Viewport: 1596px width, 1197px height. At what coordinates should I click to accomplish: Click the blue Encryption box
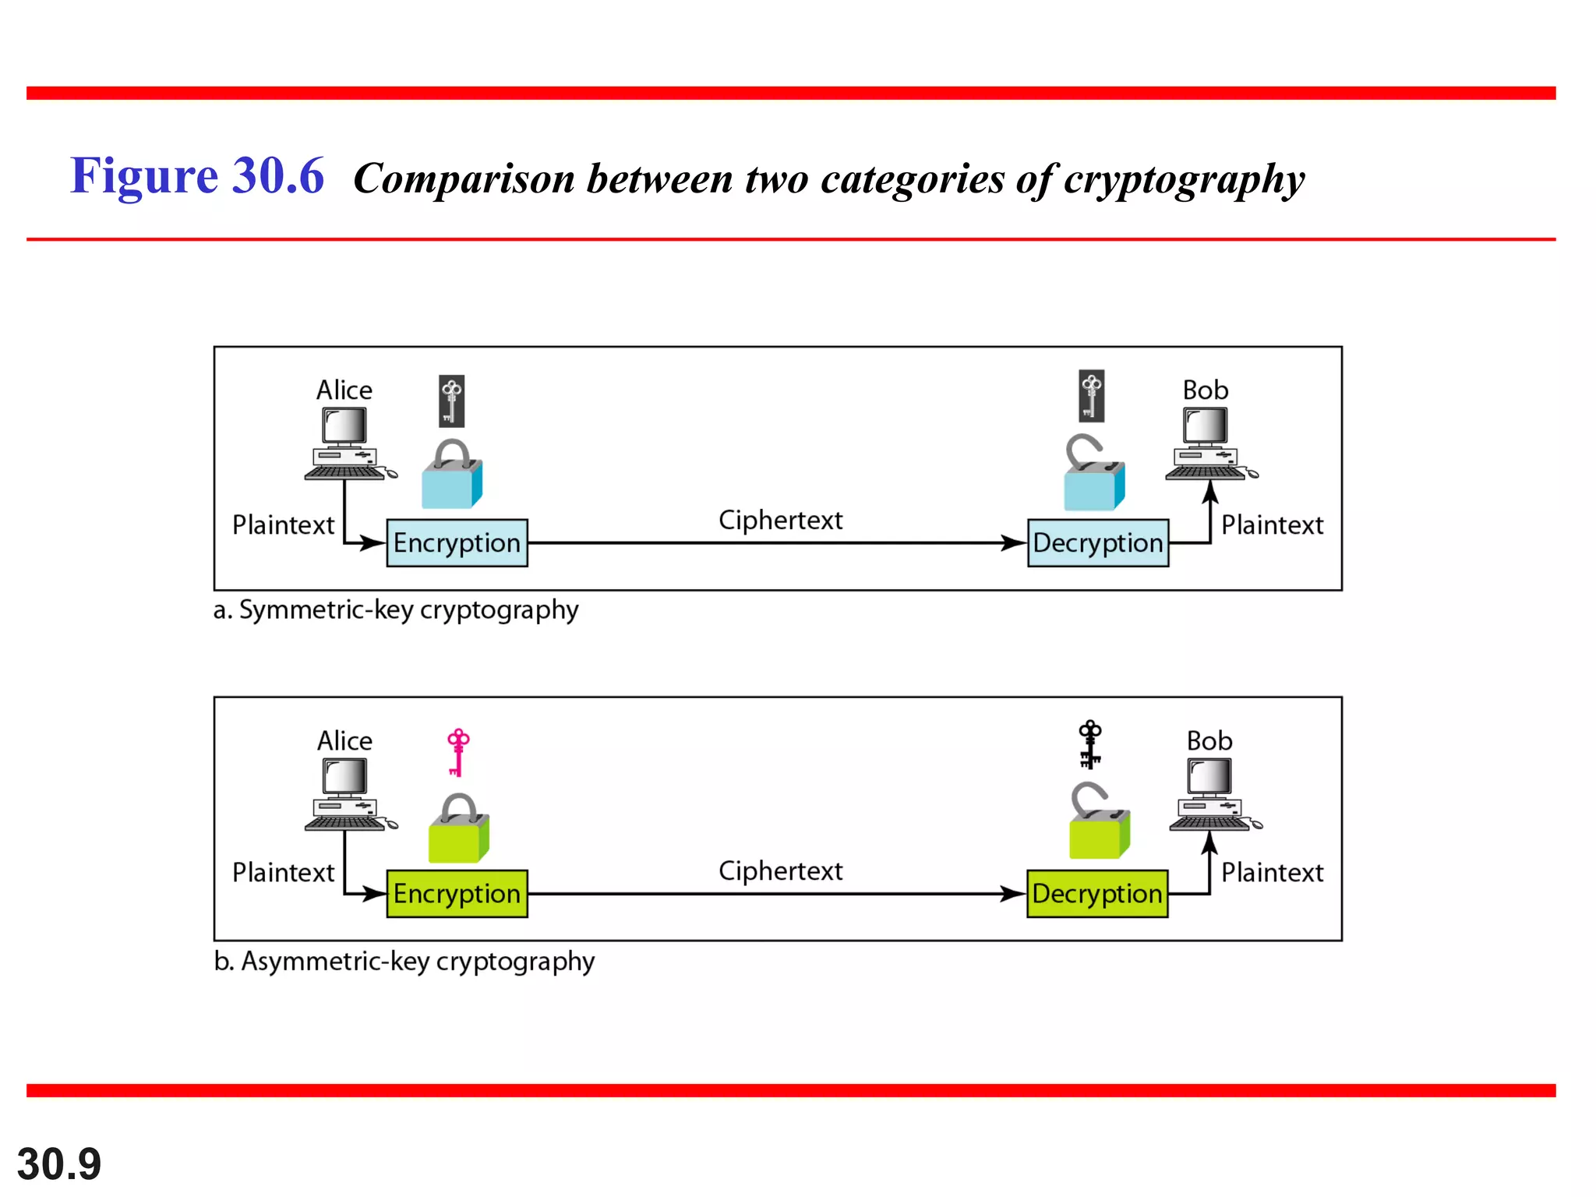pyautogui.click(x=457, y=543)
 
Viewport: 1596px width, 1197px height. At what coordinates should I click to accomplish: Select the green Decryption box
pyautogui.click(x=1096, y=894)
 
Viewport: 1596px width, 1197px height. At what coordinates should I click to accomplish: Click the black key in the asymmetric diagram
pyautogui.click(x=1089, y=744)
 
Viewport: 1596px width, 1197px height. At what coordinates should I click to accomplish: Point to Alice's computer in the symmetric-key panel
pyautogui.click(x=347, y=444)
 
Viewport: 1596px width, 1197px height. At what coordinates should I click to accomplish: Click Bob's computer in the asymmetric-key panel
pyautogui.click(x=1211, y=795)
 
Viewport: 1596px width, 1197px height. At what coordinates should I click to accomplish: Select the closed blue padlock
pyautogui.click(x=452, y=475)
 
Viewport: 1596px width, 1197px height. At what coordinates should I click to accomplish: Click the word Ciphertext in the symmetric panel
pyautogui.click(x=780, y=520)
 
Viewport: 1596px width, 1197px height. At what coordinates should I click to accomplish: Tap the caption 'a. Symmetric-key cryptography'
pyautogui.click(x=396, y=609)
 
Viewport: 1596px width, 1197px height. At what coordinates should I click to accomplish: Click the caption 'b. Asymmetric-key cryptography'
pyautogui.click(x=404, y=961)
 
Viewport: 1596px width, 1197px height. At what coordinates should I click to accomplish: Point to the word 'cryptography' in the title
pyautogui.click(x=1184, y=180)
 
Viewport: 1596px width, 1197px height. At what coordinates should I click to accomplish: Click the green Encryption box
pyautogui.click(x=457, y=894)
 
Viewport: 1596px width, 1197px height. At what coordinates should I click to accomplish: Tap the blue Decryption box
pyautogui.click(x=1097, y=543)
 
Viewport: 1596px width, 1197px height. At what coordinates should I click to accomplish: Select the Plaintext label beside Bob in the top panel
pyautogui.click(x=1271, y=525)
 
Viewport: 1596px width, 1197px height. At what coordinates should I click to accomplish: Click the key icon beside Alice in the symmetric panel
pyautogui.click(x=451, y=401)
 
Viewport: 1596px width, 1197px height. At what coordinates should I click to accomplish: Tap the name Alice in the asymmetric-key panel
pyautogui.click(x=344, y=740)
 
